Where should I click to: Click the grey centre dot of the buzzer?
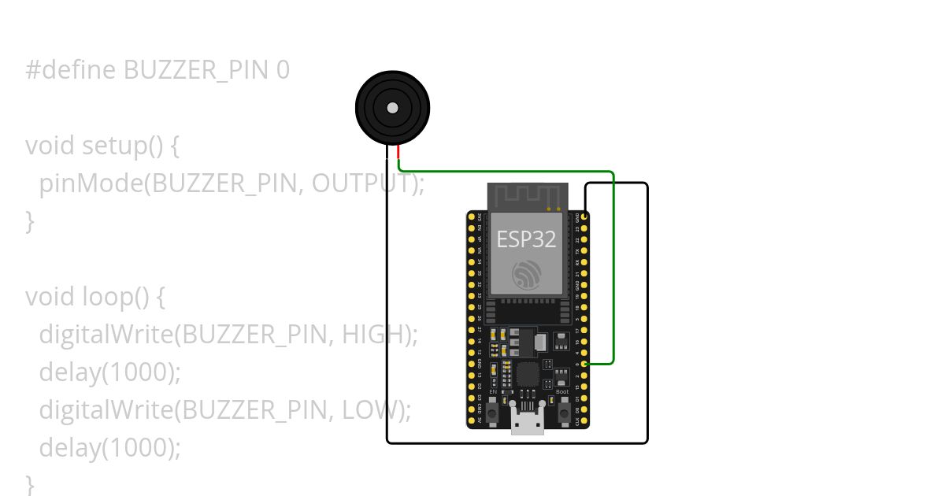tap(392, 108)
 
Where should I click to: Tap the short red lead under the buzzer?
tap(398, 153)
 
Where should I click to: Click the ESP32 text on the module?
tap(526, 239)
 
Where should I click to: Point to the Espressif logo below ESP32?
tap(526, 274)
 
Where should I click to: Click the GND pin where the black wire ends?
tap(584, 216)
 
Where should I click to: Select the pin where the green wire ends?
tap(584, 364)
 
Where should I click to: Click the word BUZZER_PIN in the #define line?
tap(196, 71)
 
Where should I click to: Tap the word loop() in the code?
tap(115, 298)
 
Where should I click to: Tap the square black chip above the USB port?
tap(527, 374)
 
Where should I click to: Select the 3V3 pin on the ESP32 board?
tap(472, 216)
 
